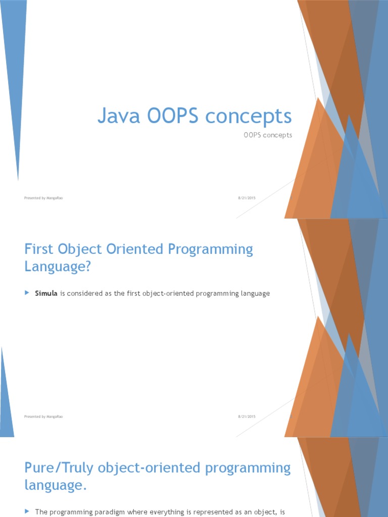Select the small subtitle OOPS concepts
pos(268,135)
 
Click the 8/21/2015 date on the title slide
pos(247,198)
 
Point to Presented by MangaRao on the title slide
pos(43,198)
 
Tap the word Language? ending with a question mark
pos(58,267)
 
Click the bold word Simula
pos(46,293)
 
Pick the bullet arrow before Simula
pos(27,293)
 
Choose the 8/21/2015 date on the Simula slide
pos(247,417)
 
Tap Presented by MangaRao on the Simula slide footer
pos(43,417)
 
